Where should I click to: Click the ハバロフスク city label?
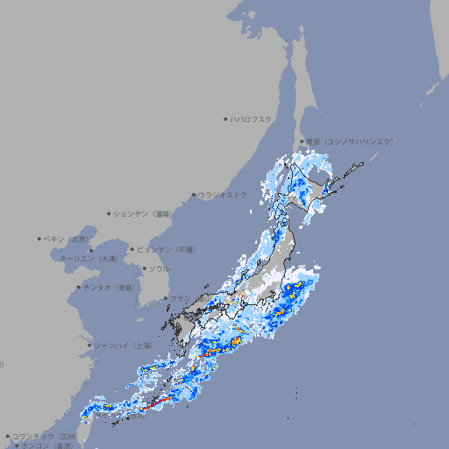coord(252,118)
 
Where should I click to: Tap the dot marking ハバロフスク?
coord(225,118)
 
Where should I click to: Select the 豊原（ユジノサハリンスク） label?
coord(349,141)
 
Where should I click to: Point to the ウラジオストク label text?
coord(223,195)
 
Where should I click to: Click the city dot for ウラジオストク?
coord(194,195)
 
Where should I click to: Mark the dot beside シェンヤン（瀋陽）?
coord(109,213)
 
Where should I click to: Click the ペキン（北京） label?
coord(67,239)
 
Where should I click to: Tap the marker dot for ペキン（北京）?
coord(39,239)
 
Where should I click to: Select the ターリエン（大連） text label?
coord(89,259)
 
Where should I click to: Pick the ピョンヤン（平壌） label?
coord(167,249)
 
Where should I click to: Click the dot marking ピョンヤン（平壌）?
coord(133,249)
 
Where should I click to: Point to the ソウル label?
coord(159,268)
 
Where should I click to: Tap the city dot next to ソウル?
coord(144,268)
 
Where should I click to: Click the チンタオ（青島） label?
coord(110,287)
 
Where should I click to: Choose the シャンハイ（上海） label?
coord(123,346)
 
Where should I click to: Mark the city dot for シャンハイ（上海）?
coord(89,346)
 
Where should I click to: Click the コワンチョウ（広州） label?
coord(44,436)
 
